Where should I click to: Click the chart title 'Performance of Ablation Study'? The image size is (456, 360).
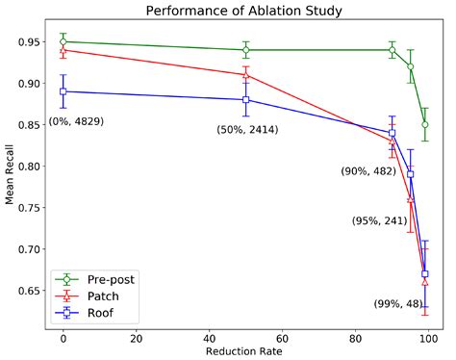pyautogui.click(x=244, y=12)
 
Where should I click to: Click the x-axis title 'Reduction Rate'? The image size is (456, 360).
pyautogui.click(x=244, y=351)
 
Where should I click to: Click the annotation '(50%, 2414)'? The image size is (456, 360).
pyautogui.click(x=248, y=129)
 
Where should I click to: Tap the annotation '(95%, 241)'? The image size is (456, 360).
pyautogui.click(x=379, y=220)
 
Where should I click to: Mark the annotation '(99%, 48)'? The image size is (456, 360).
pyautogui.click(x=398, y=304)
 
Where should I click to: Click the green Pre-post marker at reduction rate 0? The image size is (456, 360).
pyautogui.click(x=63, y=42)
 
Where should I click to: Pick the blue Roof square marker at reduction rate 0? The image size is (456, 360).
pyautogui.click(x=63, y=91)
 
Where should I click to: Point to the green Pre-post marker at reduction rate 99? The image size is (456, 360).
pyautogui.click(x=425, y=125)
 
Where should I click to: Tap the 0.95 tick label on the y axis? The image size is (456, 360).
pyautogui.click(x=27, y=42)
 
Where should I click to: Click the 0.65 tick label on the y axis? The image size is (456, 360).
pyautogui.click(x=27, y=291)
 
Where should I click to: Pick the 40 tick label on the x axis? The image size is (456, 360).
pyautogui.click(x=209, y=337)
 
